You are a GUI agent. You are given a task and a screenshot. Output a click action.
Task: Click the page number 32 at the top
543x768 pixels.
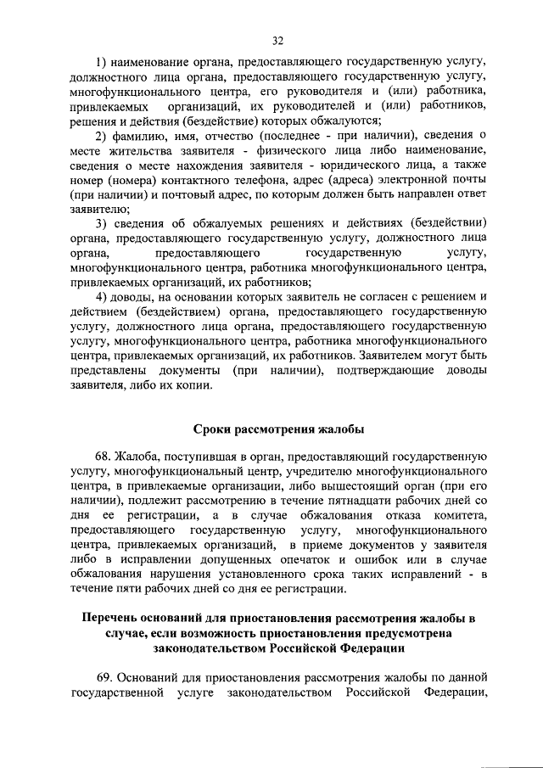[277, 40]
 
